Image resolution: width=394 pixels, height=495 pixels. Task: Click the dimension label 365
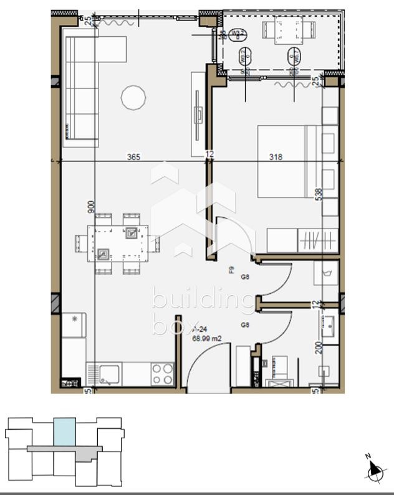click(x=133, y=157)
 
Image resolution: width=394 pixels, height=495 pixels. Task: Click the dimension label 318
click(x=276, y=157)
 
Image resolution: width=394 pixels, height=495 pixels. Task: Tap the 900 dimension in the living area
click(x=90, y=207)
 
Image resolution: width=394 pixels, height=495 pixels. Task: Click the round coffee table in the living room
click(x=133, y=97)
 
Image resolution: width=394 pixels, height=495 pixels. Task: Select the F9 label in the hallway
click(x=231, y=270)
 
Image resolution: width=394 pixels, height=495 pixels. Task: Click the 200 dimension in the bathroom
click(x=318, y=347)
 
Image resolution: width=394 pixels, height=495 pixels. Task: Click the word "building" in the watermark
click(x=203, y=299)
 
